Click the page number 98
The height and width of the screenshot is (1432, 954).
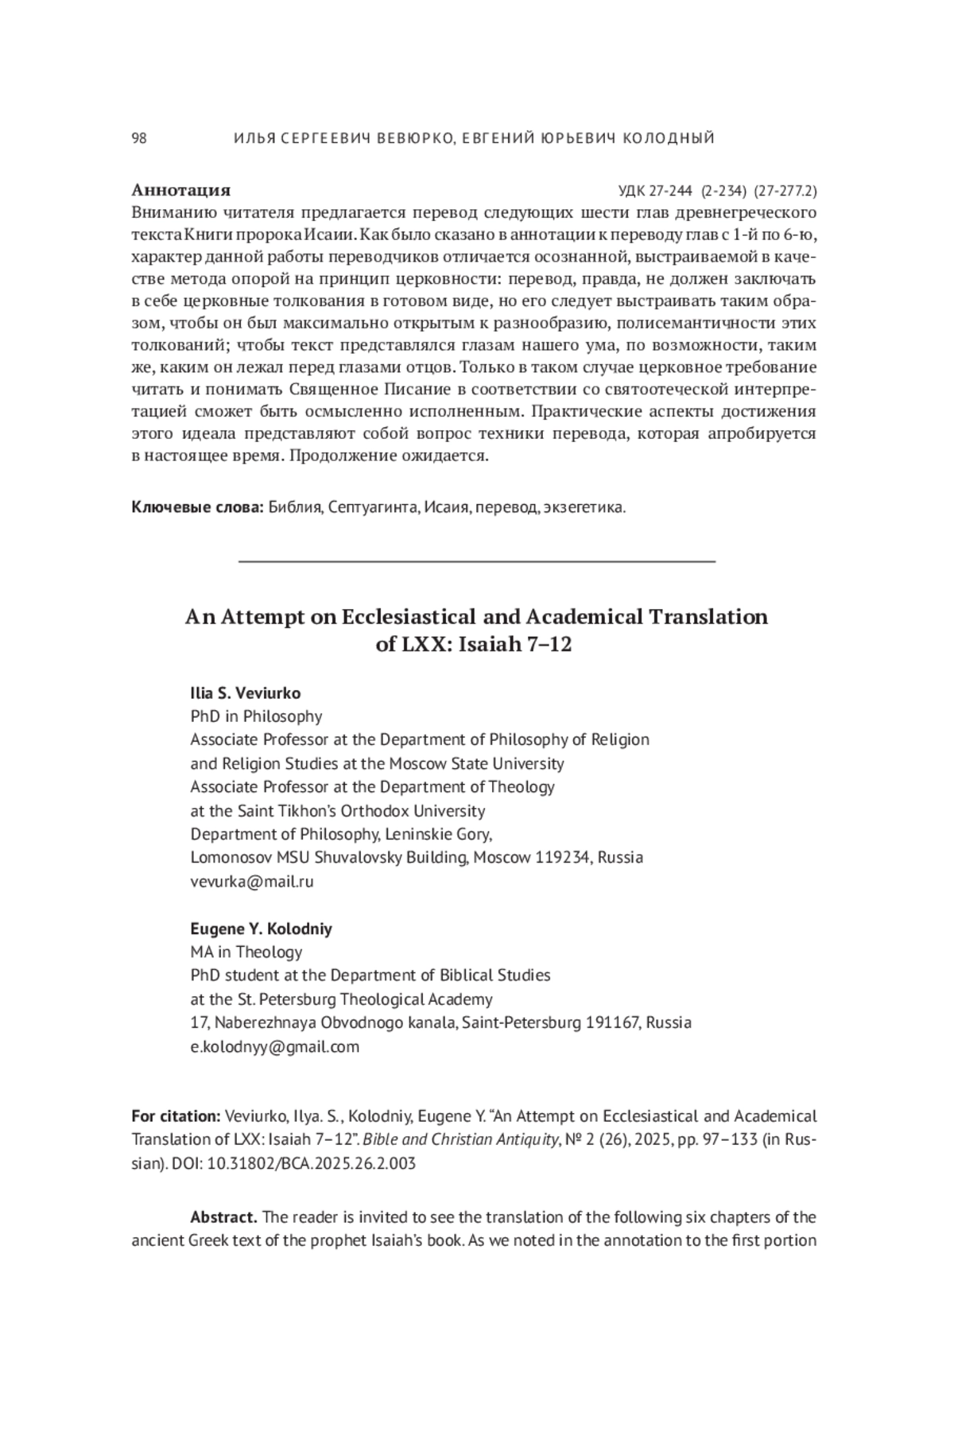[x=139, y=138]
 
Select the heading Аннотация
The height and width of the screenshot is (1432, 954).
[x=180, y=190]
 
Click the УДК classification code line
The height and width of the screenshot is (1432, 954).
[x=717, y=191]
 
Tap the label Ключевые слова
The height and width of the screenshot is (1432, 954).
[x=196, y=508]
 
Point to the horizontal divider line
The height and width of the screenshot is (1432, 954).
[x=477, y=561]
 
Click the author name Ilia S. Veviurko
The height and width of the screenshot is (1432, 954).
[x=245, y=693]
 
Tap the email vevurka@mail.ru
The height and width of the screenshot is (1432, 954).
[x=252, y=881]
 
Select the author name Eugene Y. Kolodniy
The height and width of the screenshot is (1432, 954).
[x=261, y=929]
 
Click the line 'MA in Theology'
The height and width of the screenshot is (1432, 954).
[x=246, y=952]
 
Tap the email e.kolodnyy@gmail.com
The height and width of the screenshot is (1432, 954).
[x=274, y=1046]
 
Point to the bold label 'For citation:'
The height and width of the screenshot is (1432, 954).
[x=176, y=1116]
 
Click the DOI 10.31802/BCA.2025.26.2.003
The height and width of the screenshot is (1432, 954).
[x=311, y=1163]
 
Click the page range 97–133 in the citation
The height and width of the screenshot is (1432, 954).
[x=725, y=1140]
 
